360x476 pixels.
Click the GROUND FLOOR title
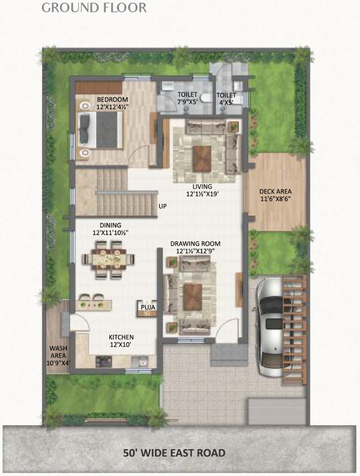[94, 8]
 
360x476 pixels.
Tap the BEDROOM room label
[112, 99]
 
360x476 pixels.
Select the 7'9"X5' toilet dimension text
[187, 102]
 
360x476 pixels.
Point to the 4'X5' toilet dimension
[226, 102]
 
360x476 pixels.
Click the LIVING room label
[202, 187]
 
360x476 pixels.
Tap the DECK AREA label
[275, 192]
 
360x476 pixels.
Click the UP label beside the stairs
[163, 206]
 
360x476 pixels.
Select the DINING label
[111, 225]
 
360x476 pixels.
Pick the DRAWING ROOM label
[195, 243]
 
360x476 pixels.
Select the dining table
[109, 259]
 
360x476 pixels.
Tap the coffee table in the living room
[202, 159]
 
